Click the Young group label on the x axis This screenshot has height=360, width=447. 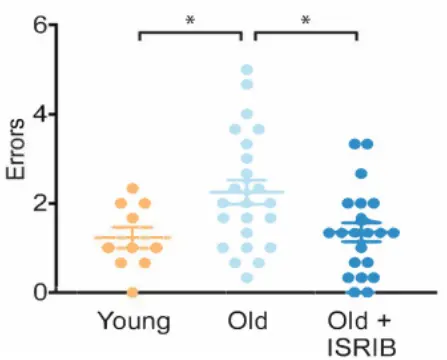(x=133, y=321)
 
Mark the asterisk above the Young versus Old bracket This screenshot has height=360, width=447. (x=190, y=19)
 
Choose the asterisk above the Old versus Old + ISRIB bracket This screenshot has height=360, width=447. (x=305, y=19)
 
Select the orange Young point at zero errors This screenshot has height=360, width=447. (x=133, y=292)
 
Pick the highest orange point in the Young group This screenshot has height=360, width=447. (x=133, y=189)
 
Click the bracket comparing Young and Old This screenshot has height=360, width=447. (x=190, y=32)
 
